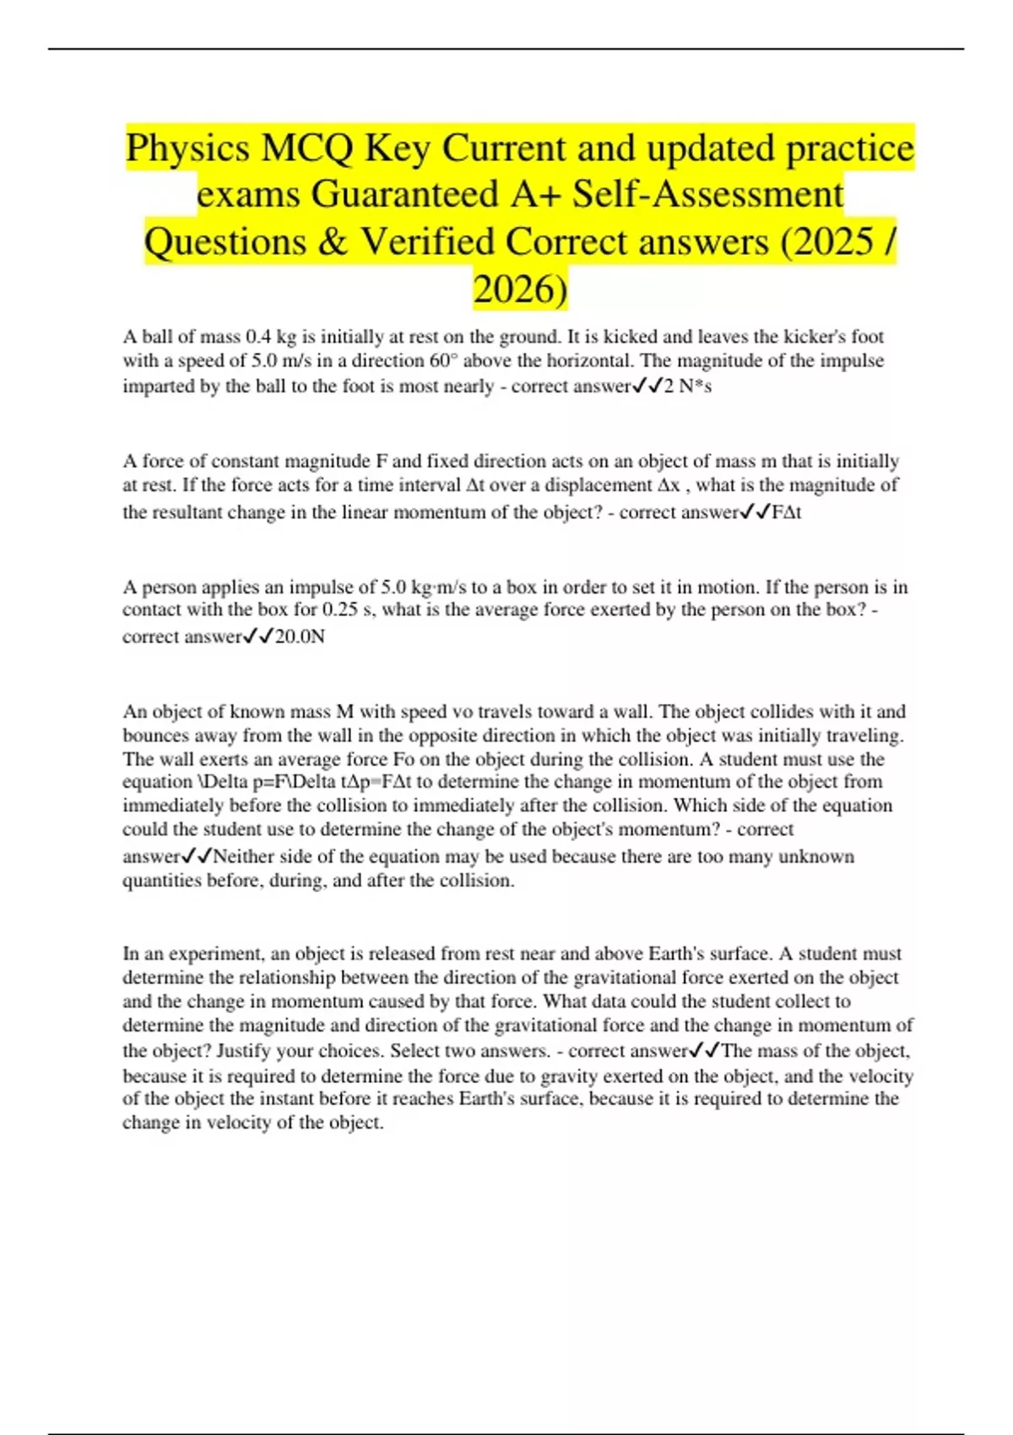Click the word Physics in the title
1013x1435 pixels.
click(188, 149)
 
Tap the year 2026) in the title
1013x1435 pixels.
click(520, 289)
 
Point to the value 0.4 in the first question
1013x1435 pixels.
click(257, 337)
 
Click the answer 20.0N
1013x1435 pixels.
click(300, 637)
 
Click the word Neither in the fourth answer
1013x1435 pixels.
click(243, 857)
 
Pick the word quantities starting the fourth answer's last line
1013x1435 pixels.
click(163, 881)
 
